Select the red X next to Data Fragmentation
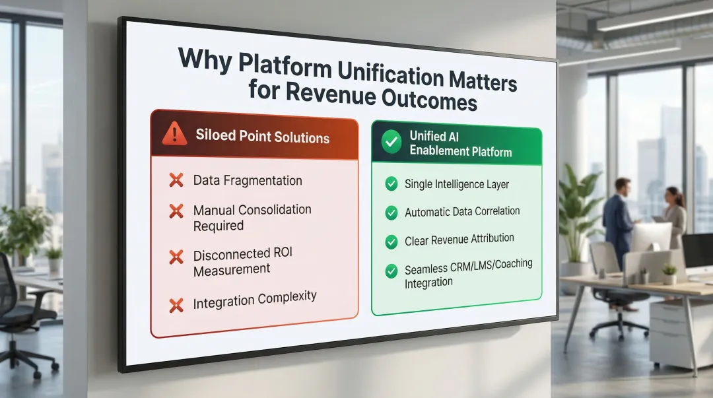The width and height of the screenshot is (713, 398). (x=176, y=180)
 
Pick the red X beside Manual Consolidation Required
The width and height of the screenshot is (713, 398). (x=176, y=211)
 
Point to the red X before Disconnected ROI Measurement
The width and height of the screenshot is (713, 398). (x=176, y=257)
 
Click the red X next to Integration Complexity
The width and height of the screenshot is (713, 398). (x=176, y=305)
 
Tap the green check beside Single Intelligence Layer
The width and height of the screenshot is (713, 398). (x=391, y=185)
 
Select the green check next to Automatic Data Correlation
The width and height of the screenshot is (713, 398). (x=391, y=213)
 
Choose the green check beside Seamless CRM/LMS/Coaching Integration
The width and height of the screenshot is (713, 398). (x=391, y=271)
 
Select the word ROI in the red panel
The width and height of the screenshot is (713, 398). (x=281, y=254)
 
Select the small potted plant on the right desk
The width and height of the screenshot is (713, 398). (x=669, y=273)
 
